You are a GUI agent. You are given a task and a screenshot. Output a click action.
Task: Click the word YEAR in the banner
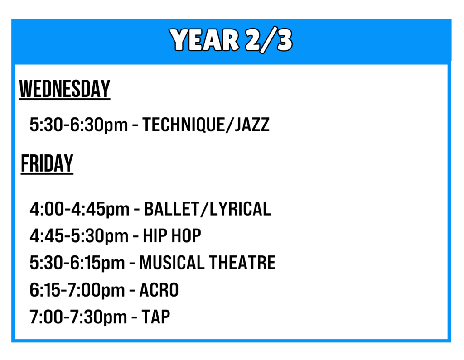204,40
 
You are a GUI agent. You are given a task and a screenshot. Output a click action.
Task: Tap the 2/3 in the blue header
269,40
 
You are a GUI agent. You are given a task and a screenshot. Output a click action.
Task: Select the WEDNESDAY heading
65,89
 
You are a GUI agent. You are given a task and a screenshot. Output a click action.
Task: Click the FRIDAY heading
47,163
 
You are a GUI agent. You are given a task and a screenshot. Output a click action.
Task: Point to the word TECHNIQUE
184,125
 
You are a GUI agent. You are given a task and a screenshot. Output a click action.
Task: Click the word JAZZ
252,125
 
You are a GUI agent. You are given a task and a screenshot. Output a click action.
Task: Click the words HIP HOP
172,236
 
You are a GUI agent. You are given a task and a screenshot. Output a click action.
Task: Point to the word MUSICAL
172,263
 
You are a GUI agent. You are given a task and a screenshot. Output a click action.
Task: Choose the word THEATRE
242,263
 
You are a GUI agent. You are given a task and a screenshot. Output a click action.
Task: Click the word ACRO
159,290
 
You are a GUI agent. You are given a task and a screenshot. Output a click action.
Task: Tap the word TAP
156,317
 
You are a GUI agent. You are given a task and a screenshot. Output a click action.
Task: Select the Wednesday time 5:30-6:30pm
79,125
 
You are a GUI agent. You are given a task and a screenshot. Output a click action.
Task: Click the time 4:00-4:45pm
80,209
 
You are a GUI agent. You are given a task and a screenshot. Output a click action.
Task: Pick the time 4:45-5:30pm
79,236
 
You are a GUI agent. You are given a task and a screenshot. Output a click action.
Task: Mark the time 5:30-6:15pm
77,263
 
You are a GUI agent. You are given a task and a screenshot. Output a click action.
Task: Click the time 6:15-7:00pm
77,290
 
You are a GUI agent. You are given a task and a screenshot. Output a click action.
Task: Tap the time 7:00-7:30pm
78,317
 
